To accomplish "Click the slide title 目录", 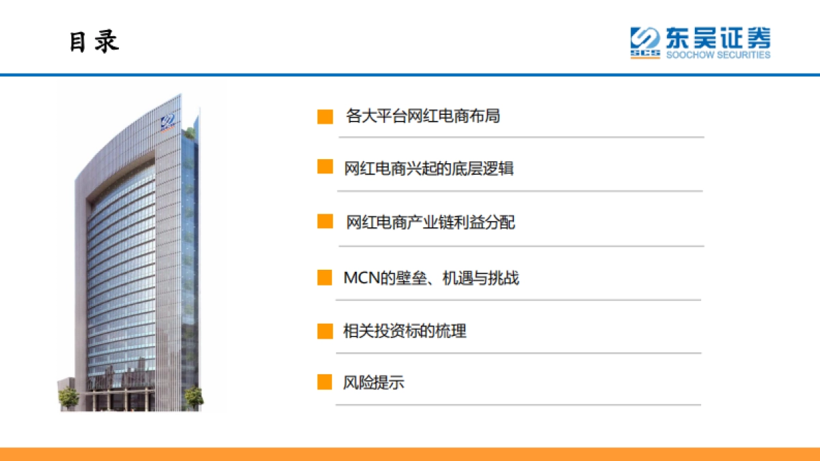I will pyautogui.click(x=94, y=42).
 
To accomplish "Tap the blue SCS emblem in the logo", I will pyautogui.click(x=644, y=42).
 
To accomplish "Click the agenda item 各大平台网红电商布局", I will pyautogui.click(x=423, y=116).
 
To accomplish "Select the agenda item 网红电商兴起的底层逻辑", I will pyautogui.click(x=428, y=168).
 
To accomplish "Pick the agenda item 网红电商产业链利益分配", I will pyautogui.click(x=430, y=222).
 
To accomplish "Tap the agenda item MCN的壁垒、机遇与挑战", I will pyautogui.click(x=430, y=278).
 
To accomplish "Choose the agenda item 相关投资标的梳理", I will pyautogui.click(x=405, y=332).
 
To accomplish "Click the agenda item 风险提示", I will pyautogui.click(x=373, y=382).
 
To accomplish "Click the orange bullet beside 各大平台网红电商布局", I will pyautogui.click(x=325, y=117).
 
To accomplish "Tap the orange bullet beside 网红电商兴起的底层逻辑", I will pyautogui.click(x=325, y=167).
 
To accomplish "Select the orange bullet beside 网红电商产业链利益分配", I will pyautogui.click(x=325, y=221).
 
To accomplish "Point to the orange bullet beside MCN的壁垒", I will pyautogui.click(x=325, y=277).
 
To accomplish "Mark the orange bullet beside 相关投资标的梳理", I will pyautogui.click(x=325, y=331).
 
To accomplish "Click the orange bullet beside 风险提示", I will pyautogui.click(x=325, y=382).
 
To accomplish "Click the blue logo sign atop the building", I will pyautogui.click(x=168, y=123).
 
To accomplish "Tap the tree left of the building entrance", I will pyautogui.click(x=68, y=396).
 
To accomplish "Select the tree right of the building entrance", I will pyautogui.click(x=193, y=396).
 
